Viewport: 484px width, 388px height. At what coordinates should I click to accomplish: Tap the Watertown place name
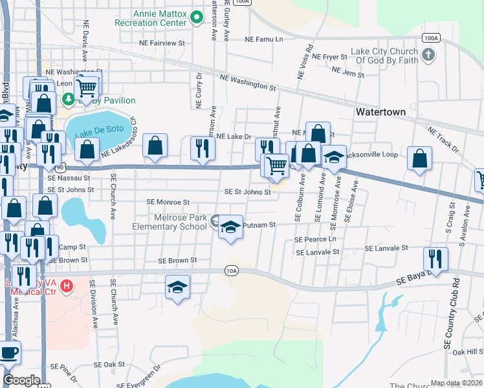pyautogui.click(x=380, y=112)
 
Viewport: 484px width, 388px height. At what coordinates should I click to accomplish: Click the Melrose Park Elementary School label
pyautogui.click(x=170, y=222)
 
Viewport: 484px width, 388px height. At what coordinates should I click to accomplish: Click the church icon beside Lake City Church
pyautogui.click(x=428, y=56)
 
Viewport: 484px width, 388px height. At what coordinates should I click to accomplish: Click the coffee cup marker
pyautogui.click(x=9, y=352)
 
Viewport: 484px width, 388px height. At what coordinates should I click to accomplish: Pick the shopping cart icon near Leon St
pyautogui.click(x=87, y=86)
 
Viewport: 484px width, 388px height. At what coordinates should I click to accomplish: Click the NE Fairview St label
pyautogui.click(x=162, y=43)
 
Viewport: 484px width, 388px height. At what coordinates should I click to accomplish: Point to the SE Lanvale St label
pyautogui.click(x=386, y=248)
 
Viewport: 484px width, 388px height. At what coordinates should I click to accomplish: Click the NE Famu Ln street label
pyautogui.click(x=264, y=39)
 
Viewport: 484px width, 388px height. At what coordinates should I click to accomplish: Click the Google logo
pyautogui.click(x=21, y=380)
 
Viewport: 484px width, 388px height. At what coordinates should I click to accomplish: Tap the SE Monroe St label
pyautogui.click(x=168, y=202)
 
